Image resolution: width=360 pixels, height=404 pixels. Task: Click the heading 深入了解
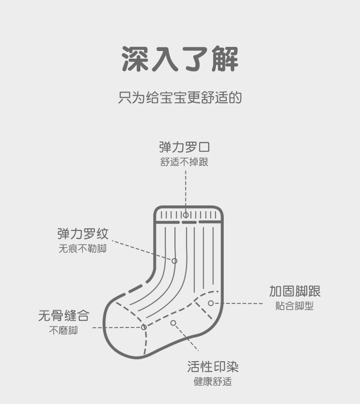click(180, 59)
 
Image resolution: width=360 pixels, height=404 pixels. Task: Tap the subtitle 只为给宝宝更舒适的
click(180, 97)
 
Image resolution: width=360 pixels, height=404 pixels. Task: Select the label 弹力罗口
click(185, 147)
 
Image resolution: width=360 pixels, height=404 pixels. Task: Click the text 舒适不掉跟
click(185, 162)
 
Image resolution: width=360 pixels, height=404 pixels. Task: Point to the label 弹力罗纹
click(83, 234)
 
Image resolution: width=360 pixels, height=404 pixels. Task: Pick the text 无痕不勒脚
click(82, 249)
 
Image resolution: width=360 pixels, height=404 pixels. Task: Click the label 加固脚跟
click(294, 291)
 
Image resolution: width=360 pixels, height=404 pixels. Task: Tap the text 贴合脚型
click(294, 306)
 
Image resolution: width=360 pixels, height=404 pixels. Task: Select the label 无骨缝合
click(63, 315)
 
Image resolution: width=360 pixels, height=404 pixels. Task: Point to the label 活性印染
click(213, 367)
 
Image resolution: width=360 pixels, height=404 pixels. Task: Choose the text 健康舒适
click(213, 382)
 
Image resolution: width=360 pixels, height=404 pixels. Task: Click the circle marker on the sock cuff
click(185, 215)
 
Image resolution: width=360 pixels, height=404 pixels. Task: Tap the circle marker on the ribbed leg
click(174, 261)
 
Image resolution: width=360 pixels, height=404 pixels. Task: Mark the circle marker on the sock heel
click(211, 303)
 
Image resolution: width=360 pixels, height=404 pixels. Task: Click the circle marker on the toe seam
click(144, 327)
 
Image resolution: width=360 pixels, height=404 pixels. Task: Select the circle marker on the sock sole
click(173, 323)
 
